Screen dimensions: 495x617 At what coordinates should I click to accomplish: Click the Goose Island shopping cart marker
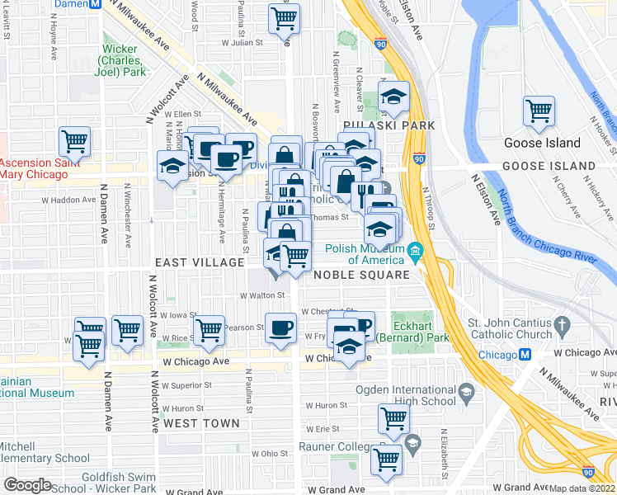539,111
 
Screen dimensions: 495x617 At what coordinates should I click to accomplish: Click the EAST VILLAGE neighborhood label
200,262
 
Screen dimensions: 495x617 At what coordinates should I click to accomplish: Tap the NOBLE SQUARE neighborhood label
361,275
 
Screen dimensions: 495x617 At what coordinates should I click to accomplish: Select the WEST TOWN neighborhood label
201,423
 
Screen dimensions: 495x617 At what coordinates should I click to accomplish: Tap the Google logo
27,485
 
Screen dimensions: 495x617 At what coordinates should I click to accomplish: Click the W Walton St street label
262,294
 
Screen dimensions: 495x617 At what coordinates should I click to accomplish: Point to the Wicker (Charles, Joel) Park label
122,60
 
